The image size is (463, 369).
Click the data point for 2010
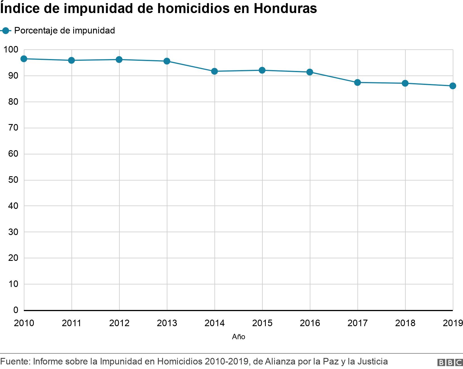[x=24, y=59]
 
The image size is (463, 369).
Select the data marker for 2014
[x=214, y=71]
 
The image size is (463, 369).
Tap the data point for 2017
[x=357, y=83]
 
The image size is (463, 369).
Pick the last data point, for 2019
[x=453, y=86]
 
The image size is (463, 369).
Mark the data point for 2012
[x=119, y=60]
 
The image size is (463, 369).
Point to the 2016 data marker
[x=310, y=72]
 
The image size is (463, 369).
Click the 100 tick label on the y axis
[x=11, y=50]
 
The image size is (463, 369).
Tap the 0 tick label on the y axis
[x=16, y=310]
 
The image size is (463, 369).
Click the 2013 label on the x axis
[x=167, y=323]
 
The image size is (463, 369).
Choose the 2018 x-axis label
[x=405, y=323]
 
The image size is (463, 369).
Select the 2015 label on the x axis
[x=262, y=323]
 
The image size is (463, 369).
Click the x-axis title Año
[x=239, y=337]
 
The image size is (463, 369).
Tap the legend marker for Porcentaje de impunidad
[x=6, y=31]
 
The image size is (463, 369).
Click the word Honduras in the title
[x=285, y=9]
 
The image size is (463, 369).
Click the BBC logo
[x=450, y=362]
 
